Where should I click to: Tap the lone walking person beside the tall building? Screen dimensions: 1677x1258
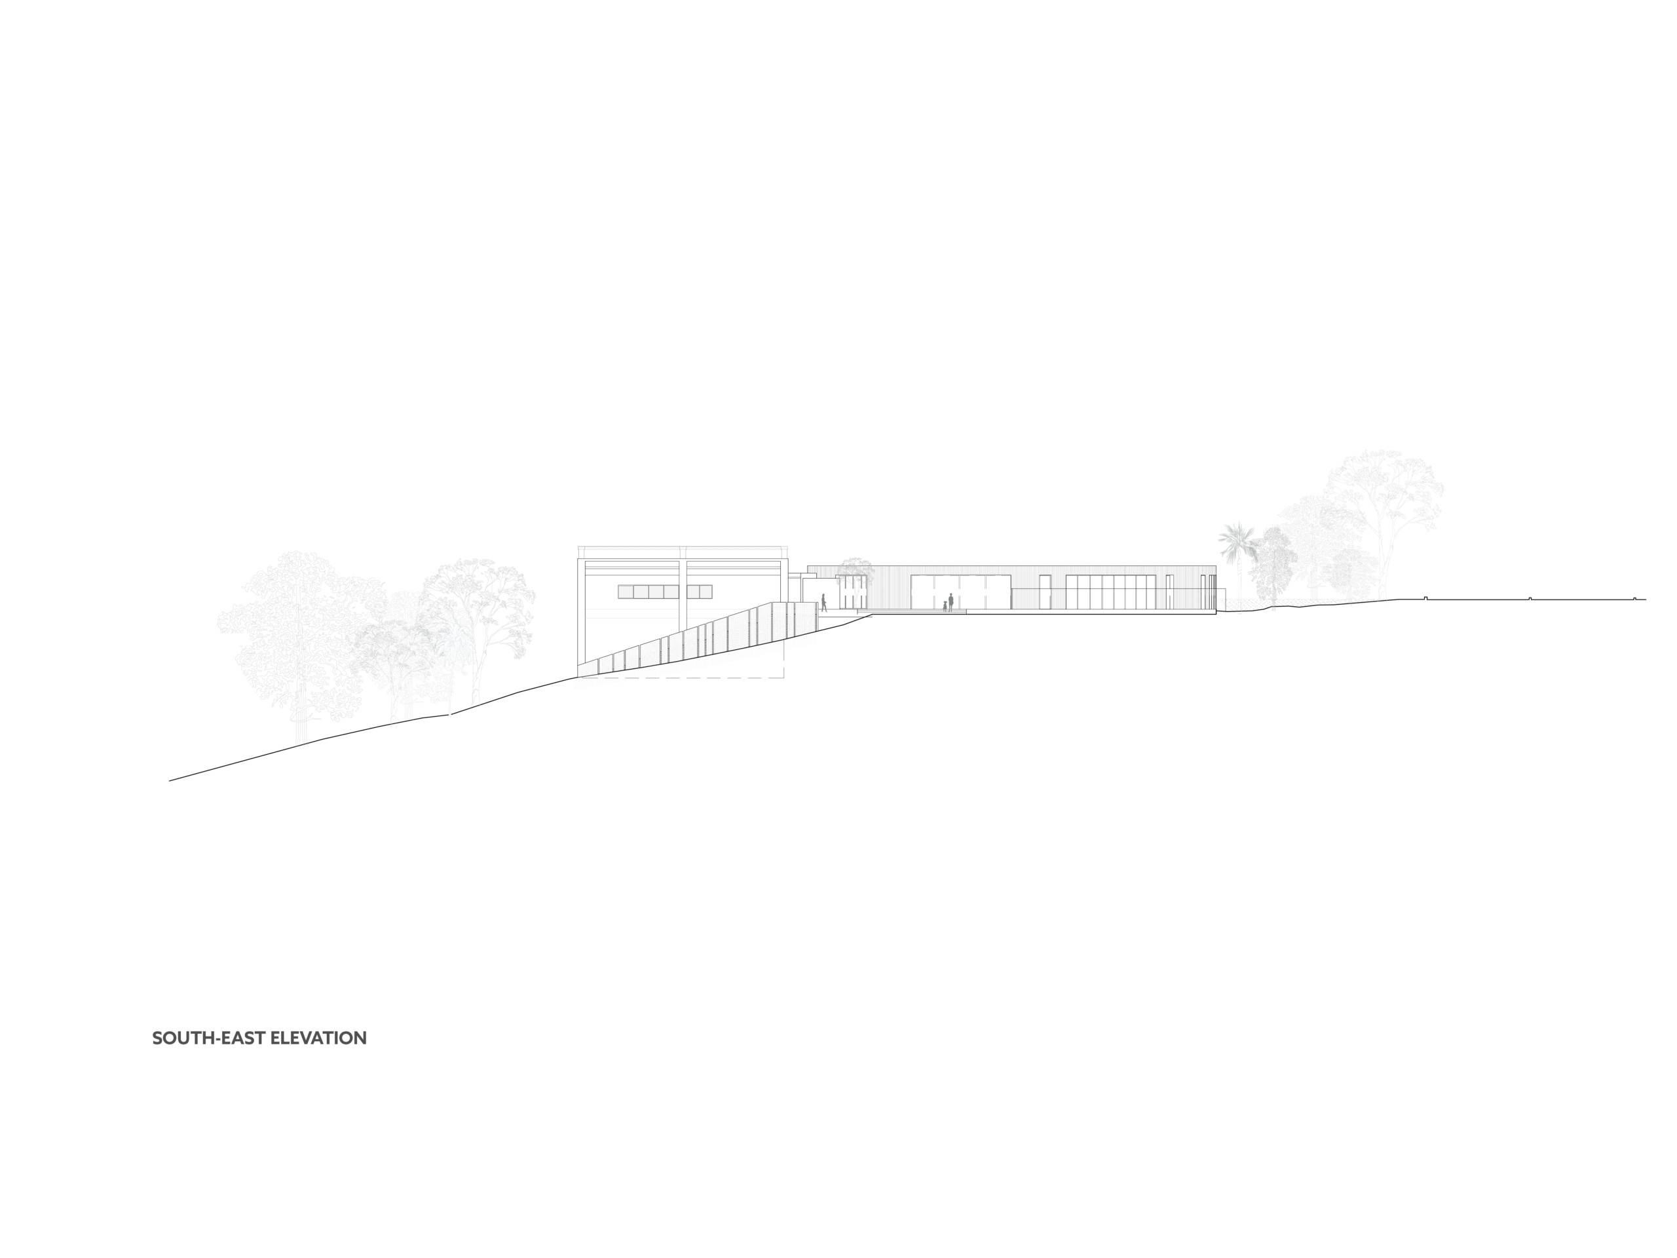(823, 603)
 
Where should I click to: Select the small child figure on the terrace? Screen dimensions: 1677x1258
(945, 606)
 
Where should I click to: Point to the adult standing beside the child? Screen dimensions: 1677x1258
(951, 602)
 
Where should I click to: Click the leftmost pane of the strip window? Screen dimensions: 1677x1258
(626, 592)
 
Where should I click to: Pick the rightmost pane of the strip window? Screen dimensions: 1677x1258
(705, 592)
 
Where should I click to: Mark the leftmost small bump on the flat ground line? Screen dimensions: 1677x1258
(1425, 598)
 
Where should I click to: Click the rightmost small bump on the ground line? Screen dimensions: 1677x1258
(1634, 598)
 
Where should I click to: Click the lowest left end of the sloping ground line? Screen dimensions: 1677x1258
(169, 780)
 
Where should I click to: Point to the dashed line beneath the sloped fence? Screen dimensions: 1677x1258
(681, 677)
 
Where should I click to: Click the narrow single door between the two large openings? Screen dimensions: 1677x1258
(1045, 592)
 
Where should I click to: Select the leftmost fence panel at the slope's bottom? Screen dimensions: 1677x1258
(588, 667)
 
